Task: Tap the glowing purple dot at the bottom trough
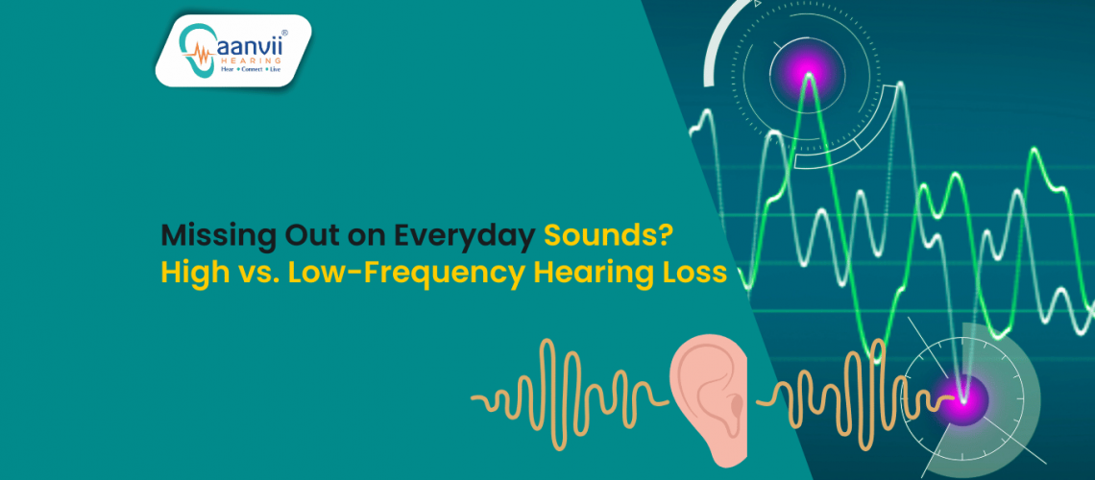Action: coord(963,393)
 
